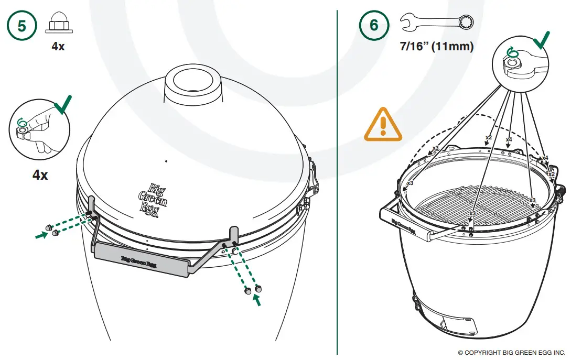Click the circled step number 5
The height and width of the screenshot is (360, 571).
click(21, 26)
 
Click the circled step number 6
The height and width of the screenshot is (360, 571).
click(373, 26)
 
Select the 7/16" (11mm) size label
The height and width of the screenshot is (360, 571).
click(437, 47)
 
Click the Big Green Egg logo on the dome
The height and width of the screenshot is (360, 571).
click(152, 198)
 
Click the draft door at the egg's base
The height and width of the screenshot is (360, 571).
click(457, 325)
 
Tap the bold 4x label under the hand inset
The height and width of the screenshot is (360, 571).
click(40, 174)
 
